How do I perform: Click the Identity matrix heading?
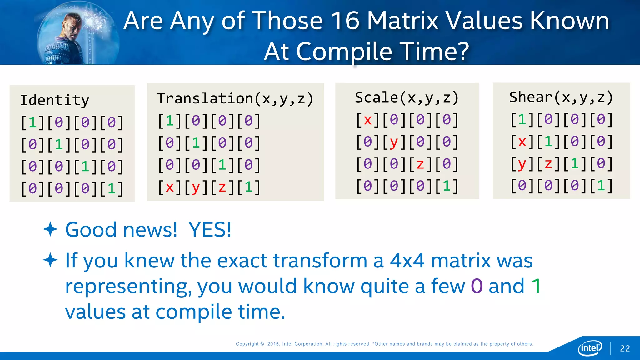pos(55,101)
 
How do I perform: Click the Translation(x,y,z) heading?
pos(235,99)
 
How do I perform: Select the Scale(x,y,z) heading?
pos(407,98)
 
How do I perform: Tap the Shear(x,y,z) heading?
pos(561,97)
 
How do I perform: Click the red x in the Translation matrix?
pos(170,187)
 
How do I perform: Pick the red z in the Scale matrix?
pos(420,164)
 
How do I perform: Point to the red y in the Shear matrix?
pos(522,164)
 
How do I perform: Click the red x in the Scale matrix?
pos(367,120)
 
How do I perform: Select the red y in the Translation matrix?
pos(196,187)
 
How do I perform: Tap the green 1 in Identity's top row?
pos(32,122)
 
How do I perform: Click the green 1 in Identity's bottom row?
pos(112,188)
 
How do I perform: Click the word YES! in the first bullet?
pos(210,230)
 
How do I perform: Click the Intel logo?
pos(590,348)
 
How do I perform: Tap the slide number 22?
pos(625,348)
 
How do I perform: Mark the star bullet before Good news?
pos(50,230)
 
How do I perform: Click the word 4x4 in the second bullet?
pos(407,261)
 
